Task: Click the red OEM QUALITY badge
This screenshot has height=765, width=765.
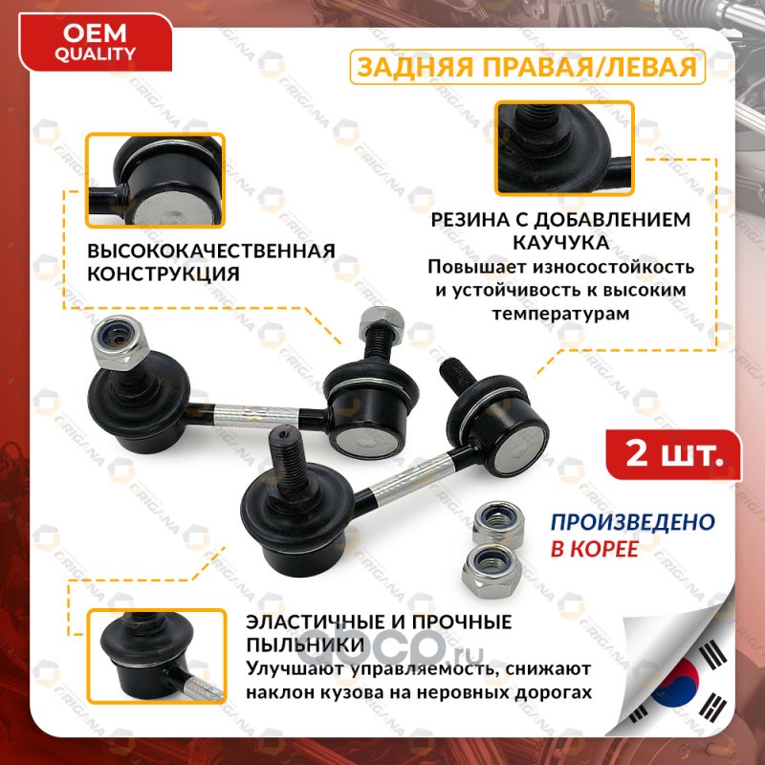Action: point(95,43)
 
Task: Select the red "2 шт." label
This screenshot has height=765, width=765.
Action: point(673,455)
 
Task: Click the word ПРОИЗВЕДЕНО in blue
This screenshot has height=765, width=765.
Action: point(633,522)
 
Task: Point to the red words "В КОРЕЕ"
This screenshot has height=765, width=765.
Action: point(595,549)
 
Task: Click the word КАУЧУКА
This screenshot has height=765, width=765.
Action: point(561,243)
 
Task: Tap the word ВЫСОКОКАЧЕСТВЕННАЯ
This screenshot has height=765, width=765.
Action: point(211,251)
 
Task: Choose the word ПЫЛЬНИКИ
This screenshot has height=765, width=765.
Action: point(305,645)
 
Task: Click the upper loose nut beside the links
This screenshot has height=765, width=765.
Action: point(498,523)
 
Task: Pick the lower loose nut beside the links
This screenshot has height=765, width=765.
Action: point(490,570)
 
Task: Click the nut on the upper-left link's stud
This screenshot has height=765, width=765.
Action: point(120,342)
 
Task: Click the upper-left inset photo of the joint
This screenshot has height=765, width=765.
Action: point(155,180)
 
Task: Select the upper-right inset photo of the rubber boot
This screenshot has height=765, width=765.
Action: point(564,148)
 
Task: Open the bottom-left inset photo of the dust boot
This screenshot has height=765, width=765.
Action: point(157,657)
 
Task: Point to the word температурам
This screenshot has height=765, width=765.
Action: point(560,314)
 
